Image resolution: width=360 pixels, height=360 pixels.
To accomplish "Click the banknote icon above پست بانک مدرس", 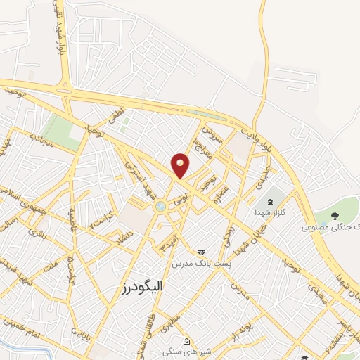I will (x=202, y=252).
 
